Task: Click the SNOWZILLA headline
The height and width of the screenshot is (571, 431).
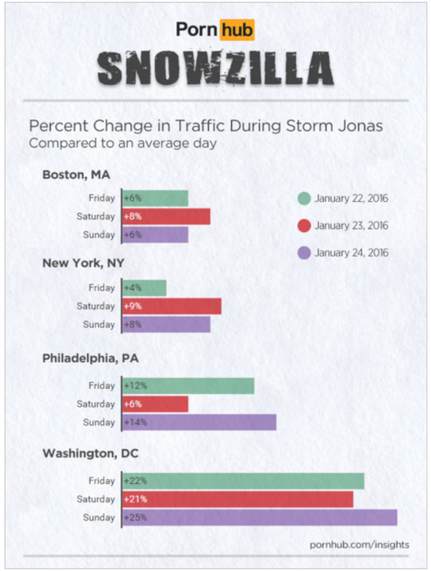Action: pyautogui.click(x=215, y=69)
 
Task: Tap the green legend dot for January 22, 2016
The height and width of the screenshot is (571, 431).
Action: pyautogui.click(x=304, y=198)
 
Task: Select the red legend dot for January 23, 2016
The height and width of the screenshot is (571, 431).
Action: pyautogui.click(x=304, y=226)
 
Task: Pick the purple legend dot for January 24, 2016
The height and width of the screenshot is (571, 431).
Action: pyautogui.click(x=304, y=253)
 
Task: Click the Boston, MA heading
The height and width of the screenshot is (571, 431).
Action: pyautogui.click(x=76, y=175)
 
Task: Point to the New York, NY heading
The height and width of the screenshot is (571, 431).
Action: pyautogui.click(x=84, y=263)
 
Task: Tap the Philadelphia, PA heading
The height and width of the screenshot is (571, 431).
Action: pyautogui.click(x=91, y=358)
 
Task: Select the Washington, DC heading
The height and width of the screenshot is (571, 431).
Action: pyautogui.click(x=90, y=454)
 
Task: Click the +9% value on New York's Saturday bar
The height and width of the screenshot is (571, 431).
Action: pyautogui.click(x=131, y=306)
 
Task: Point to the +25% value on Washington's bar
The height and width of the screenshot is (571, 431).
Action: pyautogui.click(x=135, y=518)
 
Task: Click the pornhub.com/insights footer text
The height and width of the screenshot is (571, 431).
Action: pyautogui.click(x=359, y=544)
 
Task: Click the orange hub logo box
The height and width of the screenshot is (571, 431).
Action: pyautogui.click(x=237, y=30)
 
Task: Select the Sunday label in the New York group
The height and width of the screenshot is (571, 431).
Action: pyautogui.click(x=99, y=324)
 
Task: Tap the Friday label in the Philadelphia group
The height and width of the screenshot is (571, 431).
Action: pyautogui.click(x=102, y=386)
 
